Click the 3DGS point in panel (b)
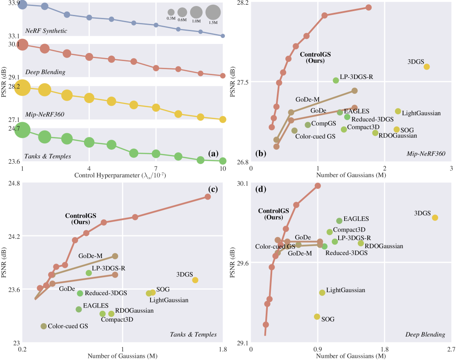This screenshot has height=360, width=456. tap(426, 67)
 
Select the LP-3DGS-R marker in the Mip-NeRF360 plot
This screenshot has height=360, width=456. tap(336, 80)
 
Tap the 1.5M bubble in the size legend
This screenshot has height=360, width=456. tap(213, 12)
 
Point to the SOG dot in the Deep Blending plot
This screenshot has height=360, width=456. tap(317, 316)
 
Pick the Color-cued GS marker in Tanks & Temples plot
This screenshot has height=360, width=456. tap(44, 326)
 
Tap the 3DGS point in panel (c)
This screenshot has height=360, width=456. tap(195, 280)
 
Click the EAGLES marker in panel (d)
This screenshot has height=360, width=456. tap(339, 221)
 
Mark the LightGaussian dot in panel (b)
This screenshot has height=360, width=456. tap(398, 111)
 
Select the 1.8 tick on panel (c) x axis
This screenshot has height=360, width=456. tap(222, 349)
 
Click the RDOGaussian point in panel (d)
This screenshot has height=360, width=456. tap(361, 243)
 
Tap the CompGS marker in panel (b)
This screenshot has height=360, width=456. tap(308, 125)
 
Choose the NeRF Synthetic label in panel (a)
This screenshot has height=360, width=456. tap(46, 31)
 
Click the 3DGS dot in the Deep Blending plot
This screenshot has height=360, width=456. tap(435, 218)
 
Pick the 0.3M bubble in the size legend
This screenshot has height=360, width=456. tap(171, 12)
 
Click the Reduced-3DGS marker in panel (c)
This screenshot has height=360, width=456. tap(80, 293)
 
